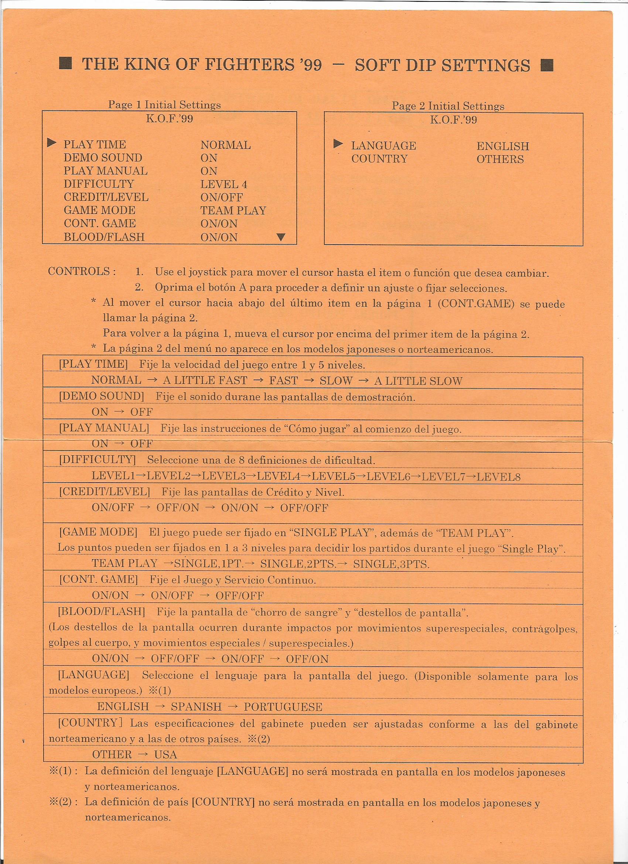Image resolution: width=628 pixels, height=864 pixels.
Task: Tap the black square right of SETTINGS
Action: coord(547,65)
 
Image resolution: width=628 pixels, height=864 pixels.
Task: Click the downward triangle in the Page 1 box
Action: coord(281,237)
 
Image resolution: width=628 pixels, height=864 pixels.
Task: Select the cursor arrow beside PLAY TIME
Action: coord(52,143)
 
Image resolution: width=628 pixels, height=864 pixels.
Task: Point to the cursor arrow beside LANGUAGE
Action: coord(338,144)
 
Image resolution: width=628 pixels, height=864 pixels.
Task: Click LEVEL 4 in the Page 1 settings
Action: coord(223,185)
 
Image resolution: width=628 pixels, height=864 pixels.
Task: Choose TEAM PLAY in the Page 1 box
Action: coord(233,211)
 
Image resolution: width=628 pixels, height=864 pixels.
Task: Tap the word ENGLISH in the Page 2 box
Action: coord(503,146)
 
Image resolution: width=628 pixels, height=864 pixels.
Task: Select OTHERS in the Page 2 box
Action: coord(500,159)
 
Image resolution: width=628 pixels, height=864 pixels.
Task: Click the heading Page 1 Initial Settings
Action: coord(164,105)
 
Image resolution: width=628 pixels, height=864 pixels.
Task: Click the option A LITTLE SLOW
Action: coord(418,381)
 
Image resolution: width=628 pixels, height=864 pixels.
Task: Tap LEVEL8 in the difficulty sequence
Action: coord(498,477)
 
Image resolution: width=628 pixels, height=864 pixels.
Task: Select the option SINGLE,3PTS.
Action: coord(391,564)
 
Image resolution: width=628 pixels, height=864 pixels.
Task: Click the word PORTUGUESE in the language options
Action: coord(283,707)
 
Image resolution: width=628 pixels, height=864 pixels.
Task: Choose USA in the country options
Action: coord(165,754)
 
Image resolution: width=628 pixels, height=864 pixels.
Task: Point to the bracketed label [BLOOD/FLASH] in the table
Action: coord(101,612)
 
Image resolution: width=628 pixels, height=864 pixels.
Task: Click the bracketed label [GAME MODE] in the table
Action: coord(98,532)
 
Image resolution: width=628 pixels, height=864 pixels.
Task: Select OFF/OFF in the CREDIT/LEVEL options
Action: coord(304,508)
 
